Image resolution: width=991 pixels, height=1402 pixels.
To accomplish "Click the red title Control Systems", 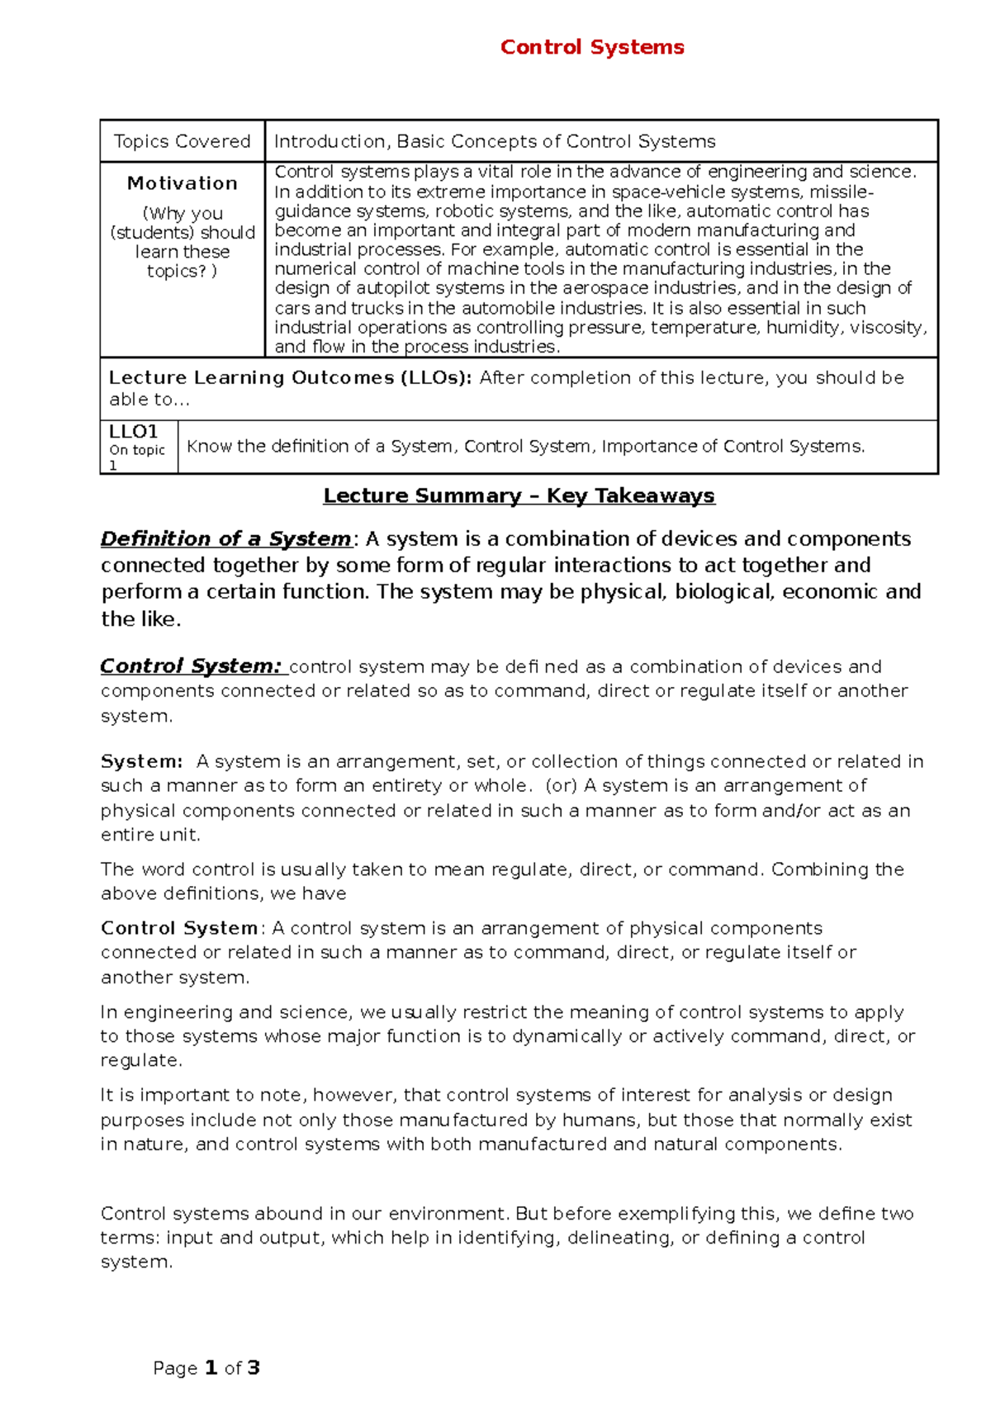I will tap(592, 47).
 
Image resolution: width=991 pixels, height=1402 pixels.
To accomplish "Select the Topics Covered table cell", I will tap(182, 141).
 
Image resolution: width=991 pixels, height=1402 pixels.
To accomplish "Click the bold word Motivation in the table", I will tap(182, 183).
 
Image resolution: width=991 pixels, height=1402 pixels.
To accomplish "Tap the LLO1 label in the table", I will tap(133, 432).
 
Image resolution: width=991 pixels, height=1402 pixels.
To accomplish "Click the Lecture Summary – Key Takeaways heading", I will tap(519, 495).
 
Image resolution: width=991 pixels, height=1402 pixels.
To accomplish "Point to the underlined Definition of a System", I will tap(225, 539).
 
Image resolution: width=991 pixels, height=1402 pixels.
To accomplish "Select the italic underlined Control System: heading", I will tap(191, 666).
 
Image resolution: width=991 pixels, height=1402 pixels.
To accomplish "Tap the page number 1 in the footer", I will tap(211, 1368).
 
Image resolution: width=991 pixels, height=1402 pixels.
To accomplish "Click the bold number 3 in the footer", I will tap(254, 1368).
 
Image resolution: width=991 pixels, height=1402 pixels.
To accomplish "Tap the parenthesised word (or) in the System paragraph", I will tap(561, 785).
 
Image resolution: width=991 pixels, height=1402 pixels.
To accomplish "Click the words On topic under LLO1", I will tap(137, 450).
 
